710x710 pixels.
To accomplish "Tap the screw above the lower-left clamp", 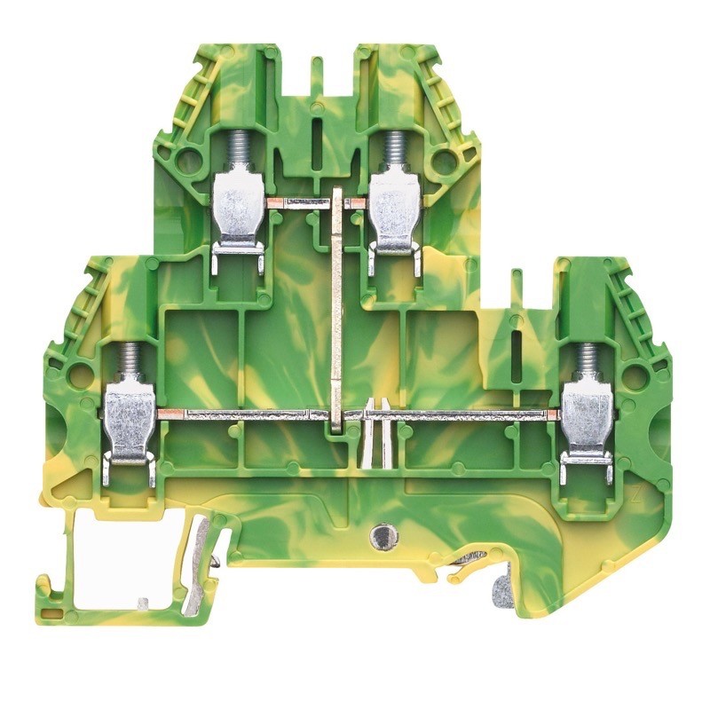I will [x=130, y=363].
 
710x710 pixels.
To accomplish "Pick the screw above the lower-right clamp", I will [x=587, y=363].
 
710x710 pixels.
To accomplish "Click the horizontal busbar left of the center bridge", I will [x=240, y=414].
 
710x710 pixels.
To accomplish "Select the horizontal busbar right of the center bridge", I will [x=461, y=414].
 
